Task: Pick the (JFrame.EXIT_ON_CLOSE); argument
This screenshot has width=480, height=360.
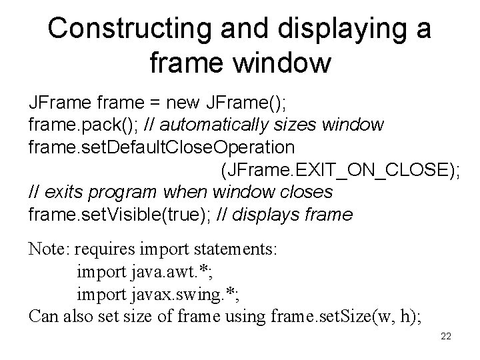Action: pos(339,169)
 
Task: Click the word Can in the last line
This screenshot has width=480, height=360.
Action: pos(43,317)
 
